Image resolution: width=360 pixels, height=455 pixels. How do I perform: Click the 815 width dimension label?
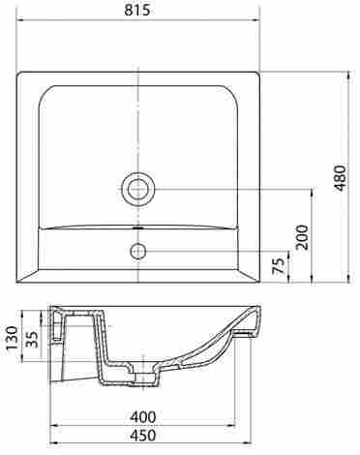[137, 10]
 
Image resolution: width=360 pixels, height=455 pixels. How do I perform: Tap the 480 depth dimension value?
[341, 178]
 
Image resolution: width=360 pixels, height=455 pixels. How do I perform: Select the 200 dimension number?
[302, 237]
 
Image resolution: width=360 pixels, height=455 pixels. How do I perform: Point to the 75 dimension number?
[280, 266]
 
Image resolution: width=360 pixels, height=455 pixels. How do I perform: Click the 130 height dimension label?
[13, 338]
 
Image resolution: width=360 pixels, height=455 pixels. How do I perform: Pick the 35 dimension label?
[32, 339]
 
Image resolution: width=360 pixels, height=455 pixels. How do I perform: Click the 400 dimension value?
[143, 417]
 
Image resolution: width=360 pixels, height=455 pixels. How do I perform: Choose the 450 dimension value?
[143, 436]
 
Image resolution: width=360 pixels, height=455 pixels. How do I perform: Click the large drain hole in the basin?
[138, 189]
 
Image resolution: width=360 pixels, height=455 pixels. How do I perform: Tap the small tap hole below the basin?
[138, 251]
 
